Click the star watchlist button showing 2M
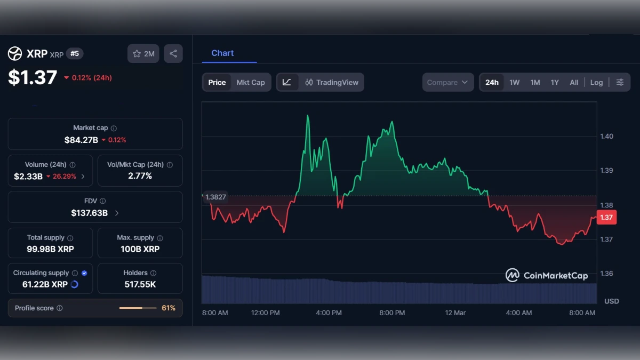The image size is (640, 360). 143,53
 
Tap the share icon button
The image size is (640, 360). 173,53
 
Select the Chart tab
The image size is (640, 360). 222,53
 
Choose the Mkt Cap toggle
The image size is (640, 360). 251,82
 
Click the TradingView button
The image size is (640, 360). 332,82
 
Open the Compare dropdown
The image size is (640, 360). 447,82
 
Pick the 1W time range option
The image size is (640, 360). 514,82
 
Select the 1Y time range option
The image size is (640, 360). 555,82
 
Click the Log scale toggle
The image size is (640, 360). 596,82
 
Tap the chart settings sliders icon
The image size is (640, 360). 620,82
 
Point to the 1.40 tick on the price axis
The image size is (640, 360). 606,136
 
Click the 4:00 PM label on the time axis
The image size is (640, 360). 329,313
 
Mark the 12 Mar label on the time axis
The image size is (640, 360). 455,313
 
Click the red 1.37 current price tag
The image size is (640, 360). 606,217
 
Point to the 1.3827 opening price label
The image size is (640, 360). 215,197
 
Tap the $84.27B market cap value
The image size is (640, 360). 81,140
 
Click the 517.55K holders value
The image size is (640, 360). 140,284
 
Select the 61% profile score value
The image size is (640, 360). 169,308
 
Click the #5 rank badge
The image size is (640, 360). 75,53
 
